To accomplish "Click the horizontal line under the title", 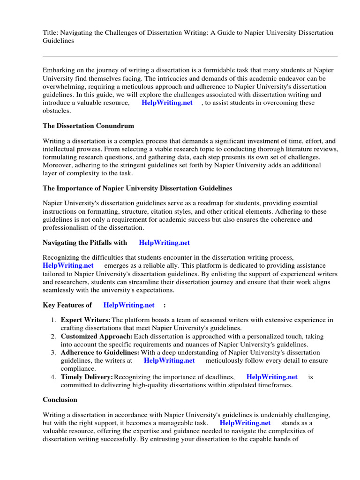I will pyautogui.click(x=190, y=56).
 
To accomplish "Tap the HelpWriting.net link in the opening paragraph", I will pyautogui.click(x=167, y=103).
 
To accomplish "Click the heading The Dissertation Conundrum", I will pyautogui.click(x=88, y=126).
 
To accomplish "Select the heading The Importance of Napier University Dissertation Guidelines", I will pyautogui.click(x=137, y=188).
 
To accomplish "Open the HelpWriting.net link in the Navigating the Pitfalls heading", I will pyautogui.click(x=164, y=242).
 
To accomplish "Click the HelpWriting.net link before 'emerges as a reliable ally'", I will pyautogui.click(x=68, y=265).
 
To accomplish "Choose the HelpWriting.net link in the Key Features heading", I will pyautogui.click(x=128, y=305).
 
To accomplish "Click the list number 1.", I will pyautogui.click(x=53, y=320).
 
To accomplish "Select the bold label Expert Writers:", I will pyautogui.click(x=86, y=320).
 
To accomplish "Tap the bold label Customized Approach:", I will pyautogui.click(x=97, y=337).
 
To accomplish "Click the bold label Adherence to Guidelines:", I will pyautogui.click(x=100, y=352).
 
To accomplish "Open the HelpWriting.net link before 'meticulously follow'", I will pyautogui.click(x=169, y=360).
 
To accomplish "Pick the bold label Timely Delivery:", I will pyautogui.click(x=87, y=377).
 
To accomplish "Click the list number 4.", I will pyautogui.click(x=53, y=377).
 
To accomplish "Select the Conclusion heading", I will pyautogui.click(x=60, y=400).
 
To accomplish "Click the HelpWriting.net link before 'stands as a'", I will pyautogui.click(x=245, y=423).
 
